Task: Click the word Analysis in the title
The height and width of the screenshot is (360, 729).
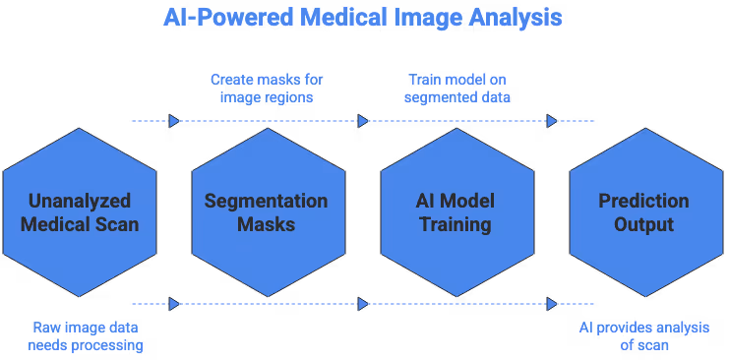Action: [x=517, y=18]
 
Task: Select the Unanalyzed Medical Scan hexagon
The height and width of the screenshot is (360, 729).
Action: [x=78, y=211]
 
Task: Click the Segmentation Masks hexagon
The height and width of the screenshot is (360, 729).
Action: [x=266, y=211]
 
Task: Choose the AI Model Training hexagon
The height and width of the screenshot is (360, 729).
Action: [x=456, y=211]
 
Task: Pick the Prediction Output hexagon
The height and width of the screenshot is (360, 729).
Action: [x=644, y=211]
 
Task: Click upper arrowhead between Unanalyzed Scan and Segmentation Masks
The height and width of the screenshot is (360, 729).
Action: [x=174, y=121]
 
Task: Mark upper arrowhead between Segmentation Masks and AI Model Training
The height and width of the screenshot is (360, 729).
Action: [x=363, y=121]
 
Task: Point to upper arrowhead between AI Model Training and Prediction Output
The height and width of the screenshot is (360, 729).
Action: [x=552, y=121]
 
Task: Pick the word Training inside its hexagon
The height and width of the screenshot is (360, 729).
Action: [x=456, y=224]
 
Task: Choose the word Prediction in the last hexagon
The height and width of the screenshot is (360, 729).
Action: [x=644, y=201]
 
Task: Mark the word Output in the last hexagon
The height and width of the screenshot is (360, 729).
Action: [x=644, y=224]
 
